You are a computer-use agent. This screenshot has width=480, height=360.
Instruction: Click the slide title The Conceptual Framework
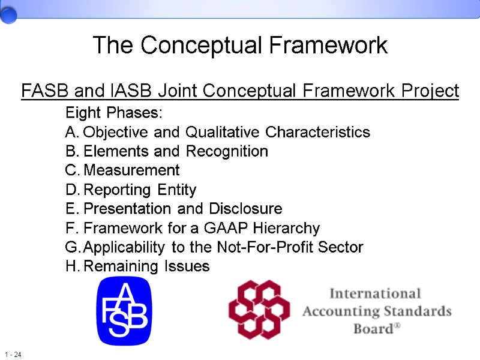(x=240, y=46)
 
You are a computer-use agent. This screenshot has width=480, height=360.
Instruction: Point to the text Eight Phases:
(x=113, y=113)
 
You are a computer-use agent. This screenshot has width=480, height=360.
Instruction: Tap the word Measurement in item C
(x=131, y=170)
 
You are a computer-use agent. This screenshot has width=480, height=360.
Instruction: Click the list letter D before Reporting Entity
(x=71, y=190)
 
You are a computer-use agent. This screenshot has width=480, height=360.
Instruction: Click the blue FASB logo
(x=124, y=311)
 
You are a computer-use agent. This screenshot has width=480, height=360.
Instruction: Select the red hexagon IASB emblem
(x=259, y=310)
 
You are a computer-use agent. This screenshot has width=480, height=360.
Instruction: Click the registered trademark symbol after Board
(x=396, y=327)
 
